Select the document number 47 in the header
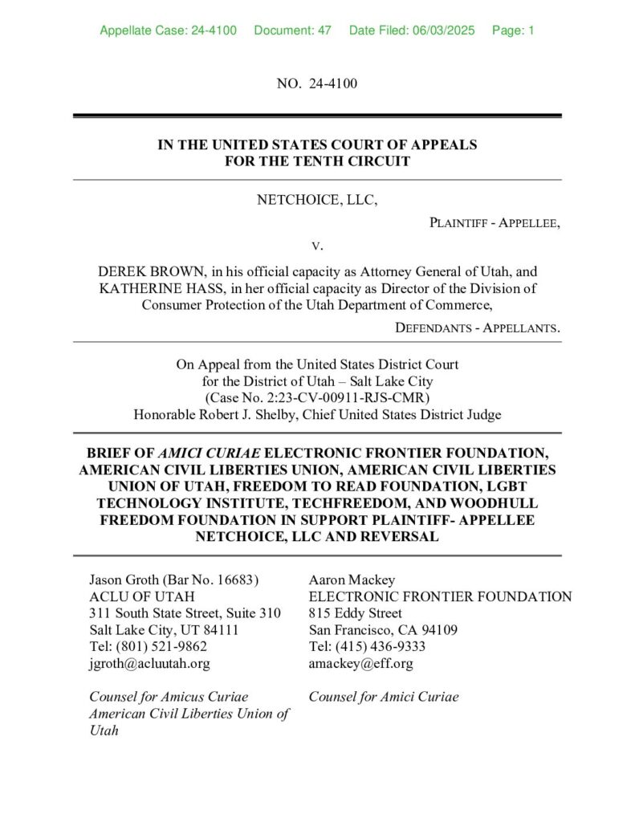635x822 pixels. (324, 31)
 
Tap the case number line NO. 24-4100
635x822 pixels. (317, 83)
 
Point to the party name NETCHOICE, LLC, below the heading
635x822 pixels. (317, 199)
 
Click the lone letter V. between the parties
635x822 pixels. (317, 244)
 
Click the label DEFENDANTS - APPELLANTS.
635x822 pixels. (478, 328)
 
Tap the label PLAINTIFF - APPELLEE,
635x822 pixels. (495, 222)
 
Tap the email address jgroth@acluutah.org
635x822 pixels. (149, 663)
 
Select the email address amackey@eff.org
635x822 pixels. (360, 663)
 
